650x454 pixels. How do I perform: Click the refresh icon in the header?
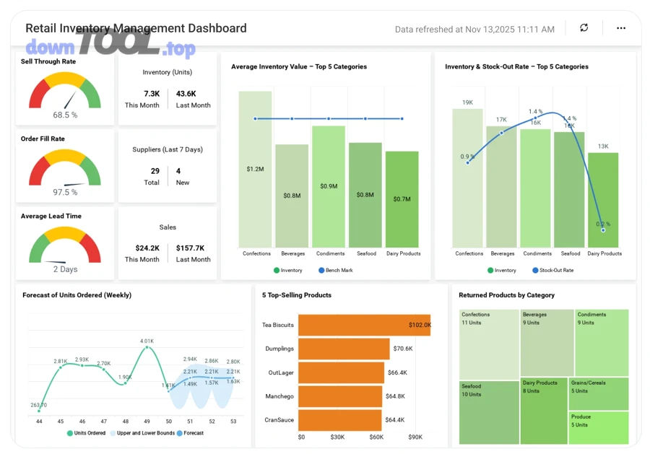click(x=584, y=28)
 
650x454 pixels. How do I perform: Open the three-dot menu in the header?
click(x=621, y=28)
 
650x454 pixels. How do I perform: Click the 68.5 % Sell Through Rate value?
click(x=65, y=115)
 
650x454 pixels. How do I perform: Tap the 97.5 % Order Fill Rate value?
click(x=65, y=192)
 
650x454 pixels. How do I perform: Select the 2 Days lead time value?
click(x=65, y=269)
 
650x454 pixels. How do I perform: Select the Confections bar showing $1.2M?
click(x=255, y=169)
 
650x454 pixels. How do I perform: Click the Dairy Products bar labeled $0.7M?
click(x=402, y=198)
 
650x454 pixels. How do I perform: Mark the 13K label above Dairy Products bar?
click(x=603, y=147)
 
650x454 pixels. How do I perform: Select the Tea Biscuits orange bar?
click(x=364, y=325)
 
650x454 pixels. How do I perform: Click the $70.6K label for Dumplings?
click(x=403, y=349)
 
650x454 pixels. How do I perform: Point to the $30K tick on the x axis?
click(x=337, y=437)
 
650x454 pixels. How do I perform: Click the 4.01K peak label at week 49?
click(x=147, y=341)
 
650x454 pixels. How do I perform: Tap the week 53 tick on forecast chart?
click(x=233, y=421)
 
